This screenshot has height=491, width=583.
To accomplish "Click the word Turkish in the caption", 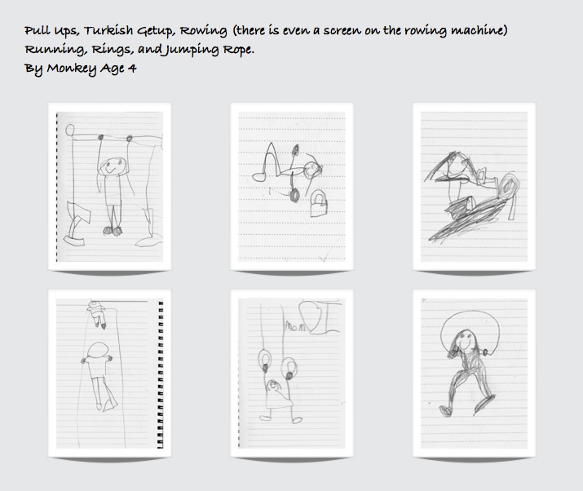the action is (x=108, y=30).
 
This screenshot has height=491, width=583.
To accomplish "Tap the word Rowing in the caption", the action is (x=203, y=31).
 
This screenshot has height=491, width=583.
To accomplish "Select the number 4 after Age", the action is (x=132, y=68).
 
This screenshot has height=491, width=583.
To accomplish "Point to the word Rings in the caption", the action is (x=113, y=50).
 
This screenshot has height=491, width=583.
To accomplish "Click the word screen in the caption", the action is (x=342, y=30).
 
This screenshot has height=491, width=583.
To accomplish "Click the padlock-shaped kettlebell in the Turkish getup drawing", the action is (x=319, y=203).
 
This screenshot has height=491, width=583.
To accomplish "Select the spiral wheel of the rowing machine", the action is (x=506, y=187).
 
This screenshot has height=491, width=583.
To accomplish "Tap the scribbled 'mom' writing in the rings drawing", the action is (x=295, y=326).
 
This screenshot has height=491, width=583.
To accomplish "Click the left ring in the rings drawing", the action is (x=265, y=360).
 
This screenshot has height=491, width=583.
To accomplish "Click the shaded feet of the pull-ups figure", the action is (x=113, y=231).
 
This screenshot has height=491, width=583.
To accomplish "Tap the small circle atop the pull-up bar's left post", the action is (x=70, y=130).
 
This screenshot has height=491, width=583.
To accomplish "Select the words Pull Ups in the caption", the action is (x=51, y=31).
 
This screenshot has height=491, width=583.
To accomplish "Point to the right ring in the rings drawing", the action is (x=289, y=369).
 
